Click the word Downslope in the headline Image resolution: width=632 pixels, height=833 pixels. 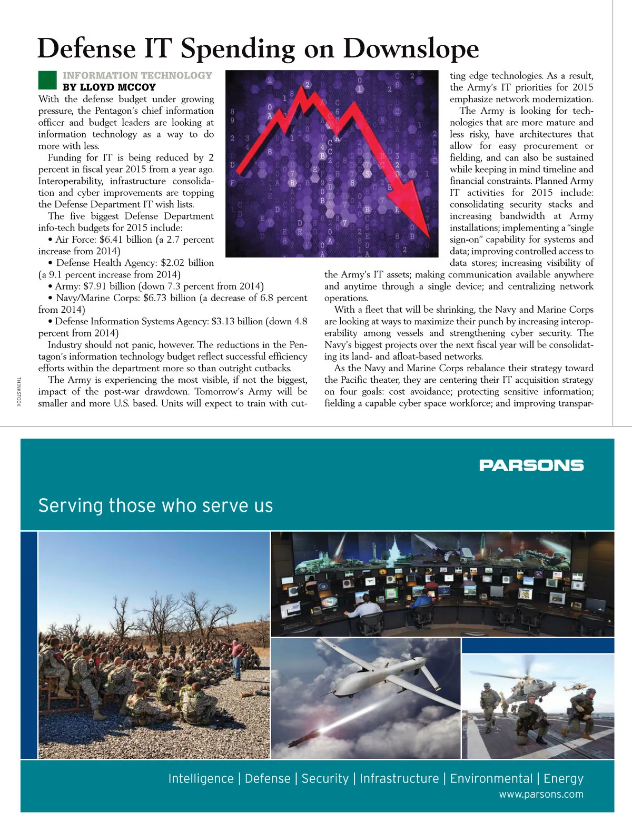pos(411,48)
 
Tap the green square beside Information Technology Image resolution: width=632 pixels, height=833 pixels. pos(47,81)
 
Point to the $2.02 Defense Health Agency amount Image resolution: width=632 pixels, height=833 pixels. pos(174,263)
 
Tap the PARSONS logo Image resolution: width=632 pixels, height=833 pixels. pos(531,465)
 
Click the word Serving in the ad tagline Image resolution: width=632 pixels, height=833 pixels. pos(71,505)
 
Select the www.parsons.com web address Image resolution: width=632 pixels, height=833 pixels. pos(541,795)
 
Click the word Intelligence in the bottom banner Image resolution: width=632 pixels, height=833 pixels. pos(201,779)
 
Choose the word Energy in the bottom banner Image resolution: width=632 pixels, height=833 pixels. pos(564,779)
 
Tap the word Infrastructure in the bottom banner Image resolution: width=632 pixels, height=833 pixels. pos(399,779)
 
